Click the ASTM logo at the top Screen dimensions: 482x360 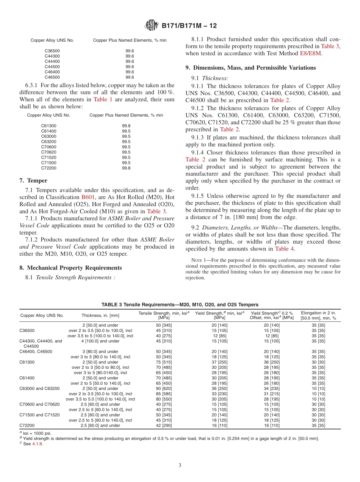point(152,26)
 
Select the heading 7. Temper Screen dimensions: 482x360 point(33,180)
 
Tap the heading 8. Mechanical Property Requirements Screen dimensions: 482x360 point(70,268)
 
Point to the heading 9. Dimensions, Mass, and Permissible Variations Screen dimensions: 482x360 point(250,67)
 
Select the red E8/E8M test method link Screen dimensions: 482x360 point(310,53)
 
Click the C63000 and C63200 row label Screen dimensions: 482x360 point(40,388)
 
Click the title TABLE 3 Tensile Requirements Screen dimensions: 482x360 point(180,304)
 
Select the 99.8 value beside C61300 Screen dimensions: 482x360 point(126,126)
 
